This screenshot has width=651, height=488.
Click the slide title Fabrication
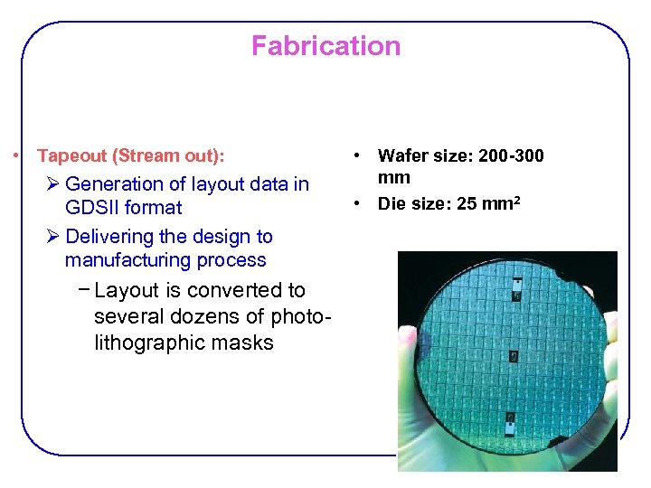click(325, 46)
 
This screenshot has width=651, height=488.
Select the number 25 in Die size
click(467, 203)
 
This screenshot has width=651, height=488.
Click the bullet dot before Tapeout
click(17, 156)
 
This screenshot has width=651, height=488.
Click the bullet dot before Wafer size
click(359, 156)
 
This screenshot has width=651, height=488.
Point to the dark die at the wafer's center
click(513, 357)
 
